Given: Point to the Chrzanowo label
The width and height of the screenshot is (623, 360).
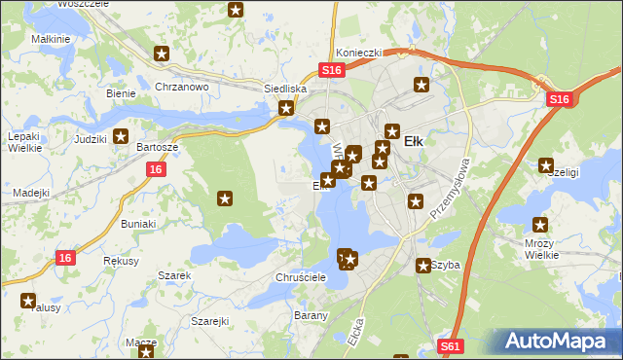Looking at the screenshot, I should [182, 87].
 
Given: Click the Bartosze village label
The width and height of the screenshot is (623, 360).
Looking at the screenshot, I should [157, 146].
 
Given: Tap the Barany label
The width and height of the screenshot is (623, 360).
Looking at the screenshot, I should [311, 315].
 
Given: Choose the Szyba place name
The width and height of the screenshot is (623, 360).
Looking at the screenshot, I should [446, 265].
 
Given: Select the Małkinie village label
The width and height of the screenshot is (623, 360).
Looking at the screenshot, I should [51, 38].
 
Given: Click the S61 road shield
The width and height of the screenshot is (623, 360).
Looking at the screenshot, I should [449, 345].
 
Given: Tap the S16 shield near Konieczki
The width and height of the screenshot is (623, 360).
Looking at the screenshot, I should [333, 70].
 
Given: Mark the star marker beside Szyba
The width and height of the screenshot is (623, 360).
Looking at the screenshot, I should [424, 265].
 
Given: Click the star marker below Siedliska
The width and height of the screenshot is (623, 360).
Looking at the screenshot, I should [287, 109].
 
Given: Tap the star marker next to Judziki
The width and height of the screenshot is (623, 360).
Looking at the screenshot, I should [122, 138].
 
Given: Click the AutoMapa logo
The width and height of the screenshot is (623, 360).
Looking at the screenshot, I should [558, 342].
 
